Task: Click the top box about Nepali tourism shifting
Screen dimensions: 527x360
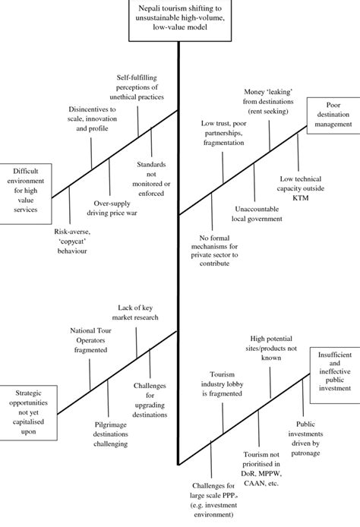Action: [x=178, y=19]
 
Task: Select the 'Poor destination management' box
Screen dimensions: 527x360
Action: [x=332, y=113]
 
